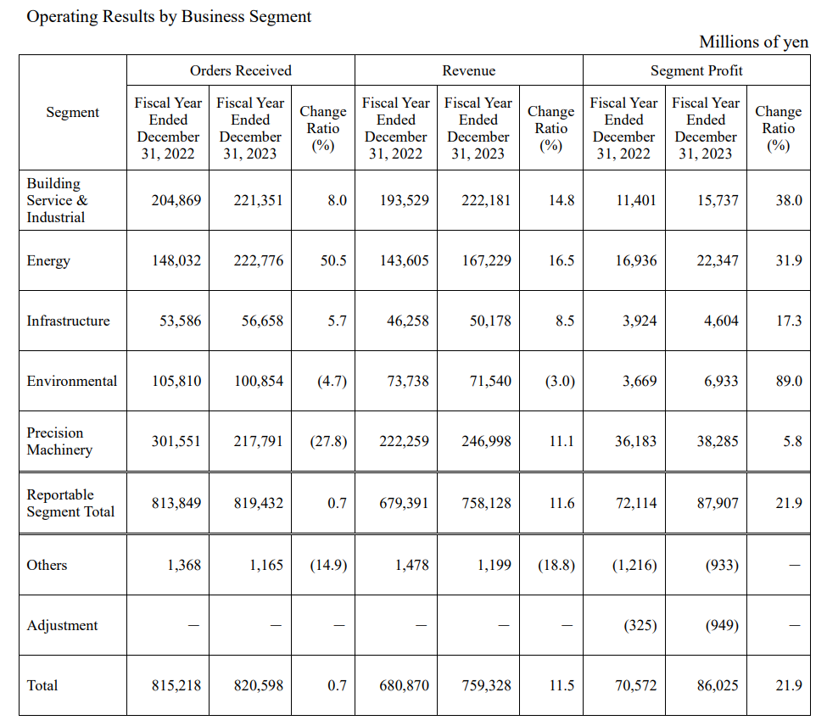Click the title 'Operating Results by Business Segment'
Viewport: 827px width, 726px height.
pyautogui.click(x=169, y=17)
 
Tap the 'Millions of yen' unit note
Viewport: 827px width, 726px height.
pyautogui.click(x=754, y=42)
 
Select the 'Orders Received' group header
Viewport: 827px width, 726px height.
pyautogui.click(x=241, y=70)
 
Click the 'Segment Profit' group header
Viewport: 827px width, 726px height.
pyautogui.click(x=696, y=70)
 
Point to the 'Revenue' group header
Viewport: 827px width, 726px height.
pyautogui.click(x=469, y=70)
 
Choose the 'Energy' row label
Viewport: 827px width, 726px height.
pyautogui.click(x=48, y=261)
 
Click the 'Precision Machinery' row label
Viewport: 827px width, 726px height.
pyautogui.click(x=59, y=441)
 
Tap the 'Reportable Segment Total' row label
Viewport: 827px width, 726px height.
pyautogui.click(x=70, y=503)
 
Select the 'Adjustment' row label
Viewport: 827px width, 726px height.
pyautogui.click(x=62, y=625)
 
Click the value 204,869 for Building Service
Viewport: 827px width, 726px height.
pyautogui.click(x=176, y=200)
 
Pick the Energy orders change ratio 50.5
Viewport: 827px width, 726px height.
pyautogui.click(x=333, y=260)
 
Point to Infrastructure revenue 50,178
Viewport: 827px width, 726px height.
pyautogui.click(x=490, y=321)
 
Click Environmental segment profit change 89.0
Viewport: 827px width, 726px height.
pyautogui.click(x=789, y=381)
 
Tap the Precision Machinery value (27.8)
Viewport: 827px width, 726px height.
pyautogui.click(x=328, y=441)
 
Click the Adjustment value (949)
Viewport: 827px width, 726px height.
pyautogui.click(x=722, y=625)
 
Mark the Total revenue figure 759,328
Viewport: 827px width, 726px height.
pyautogui.click(x=486, y=685)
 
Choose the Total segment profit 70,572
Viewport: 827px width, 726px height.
pyautogui.click(x=636, y=685)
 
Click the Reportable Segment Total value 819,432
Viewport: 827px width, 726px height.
pyautogui.click(x=259, y=503)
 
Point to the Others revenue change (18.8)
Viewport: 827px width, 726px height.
pyautogui.click(x=556, y=565)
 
